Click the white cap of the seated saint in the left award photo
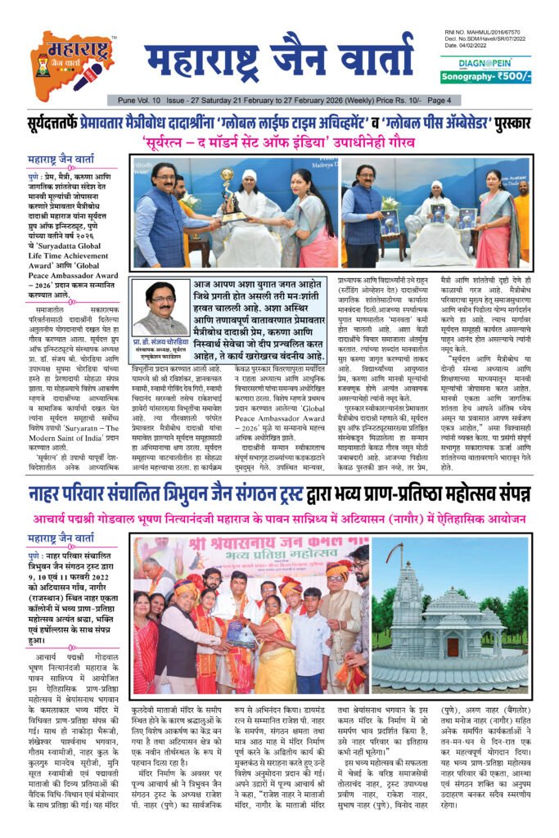click(248, 174)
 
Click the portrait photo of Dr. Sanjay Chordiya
click(160, 308)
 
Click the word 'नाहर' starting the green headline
click(47, 494)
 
